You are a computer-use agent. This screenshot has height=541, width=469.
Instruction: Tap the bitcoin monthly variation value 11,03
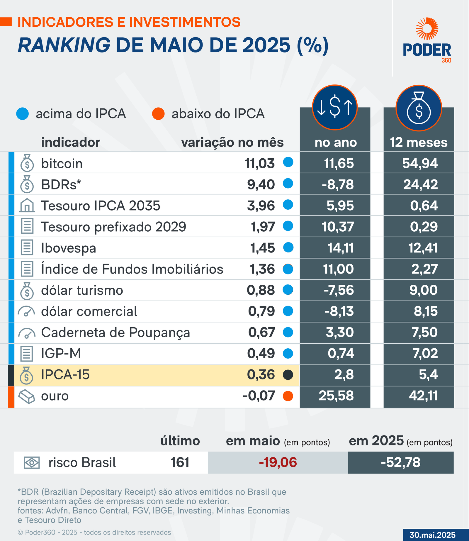(x=260, y=163)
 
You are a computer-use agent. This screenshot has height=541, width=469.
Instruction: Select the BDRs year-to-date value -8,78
(x=338, y=184)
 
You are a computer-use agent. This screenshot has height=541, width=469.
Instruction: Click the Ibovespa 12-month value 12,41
(x=423, y=248)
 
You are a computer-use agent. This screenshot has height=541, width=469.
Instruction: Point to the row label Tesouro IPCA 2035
(x=101, y=206)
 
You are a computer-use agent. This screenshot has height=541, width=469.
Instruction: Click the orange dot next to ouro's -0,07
(x=288, y=396)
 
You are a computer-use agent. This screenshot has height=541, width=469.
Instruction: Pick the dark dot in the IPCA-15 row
(x=288, y=375)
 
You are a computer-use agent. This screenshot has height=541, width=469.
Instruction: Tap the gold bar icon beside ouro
(x=27, y=396)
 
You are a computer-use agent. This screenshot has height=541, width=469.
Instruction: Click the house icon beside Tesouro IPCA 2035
(x=27, y=205)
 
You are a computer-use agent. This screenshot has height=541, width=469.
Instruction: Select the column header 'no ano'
(x=336, y=143)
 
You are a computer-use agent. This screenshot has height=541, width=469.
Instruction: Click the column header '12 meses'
(x=419, y=143)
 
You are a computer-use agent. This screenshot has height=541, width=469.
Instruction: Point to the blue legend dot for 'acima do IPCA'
(x=23, y=114)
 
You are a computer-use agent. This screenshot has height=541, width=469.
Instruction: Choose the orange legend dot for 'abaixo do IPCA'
(x=158, y=114)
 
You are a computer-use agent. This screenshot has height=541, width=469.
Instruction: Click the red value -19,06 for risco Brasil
(x=278, y=462)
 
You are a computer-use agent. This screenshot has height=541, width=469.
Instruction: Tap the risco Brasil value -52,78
(x=400, y=462)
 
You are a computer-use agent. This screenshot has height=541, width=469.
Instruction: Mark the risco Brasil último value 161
(x=180, y=462)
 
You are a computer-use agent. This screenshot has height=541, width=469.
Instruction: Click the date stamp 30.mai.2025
(x=432, y=535)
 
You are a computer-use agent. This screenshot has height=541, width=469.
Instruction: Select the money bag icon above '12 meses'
(x=419, y=108)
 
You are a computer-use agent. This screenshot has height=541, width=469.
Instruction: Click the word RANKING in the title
(x=64, y=45)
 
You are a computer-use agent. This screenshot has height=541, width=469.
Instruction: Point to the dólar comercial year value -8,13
(x=339, y=311)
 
